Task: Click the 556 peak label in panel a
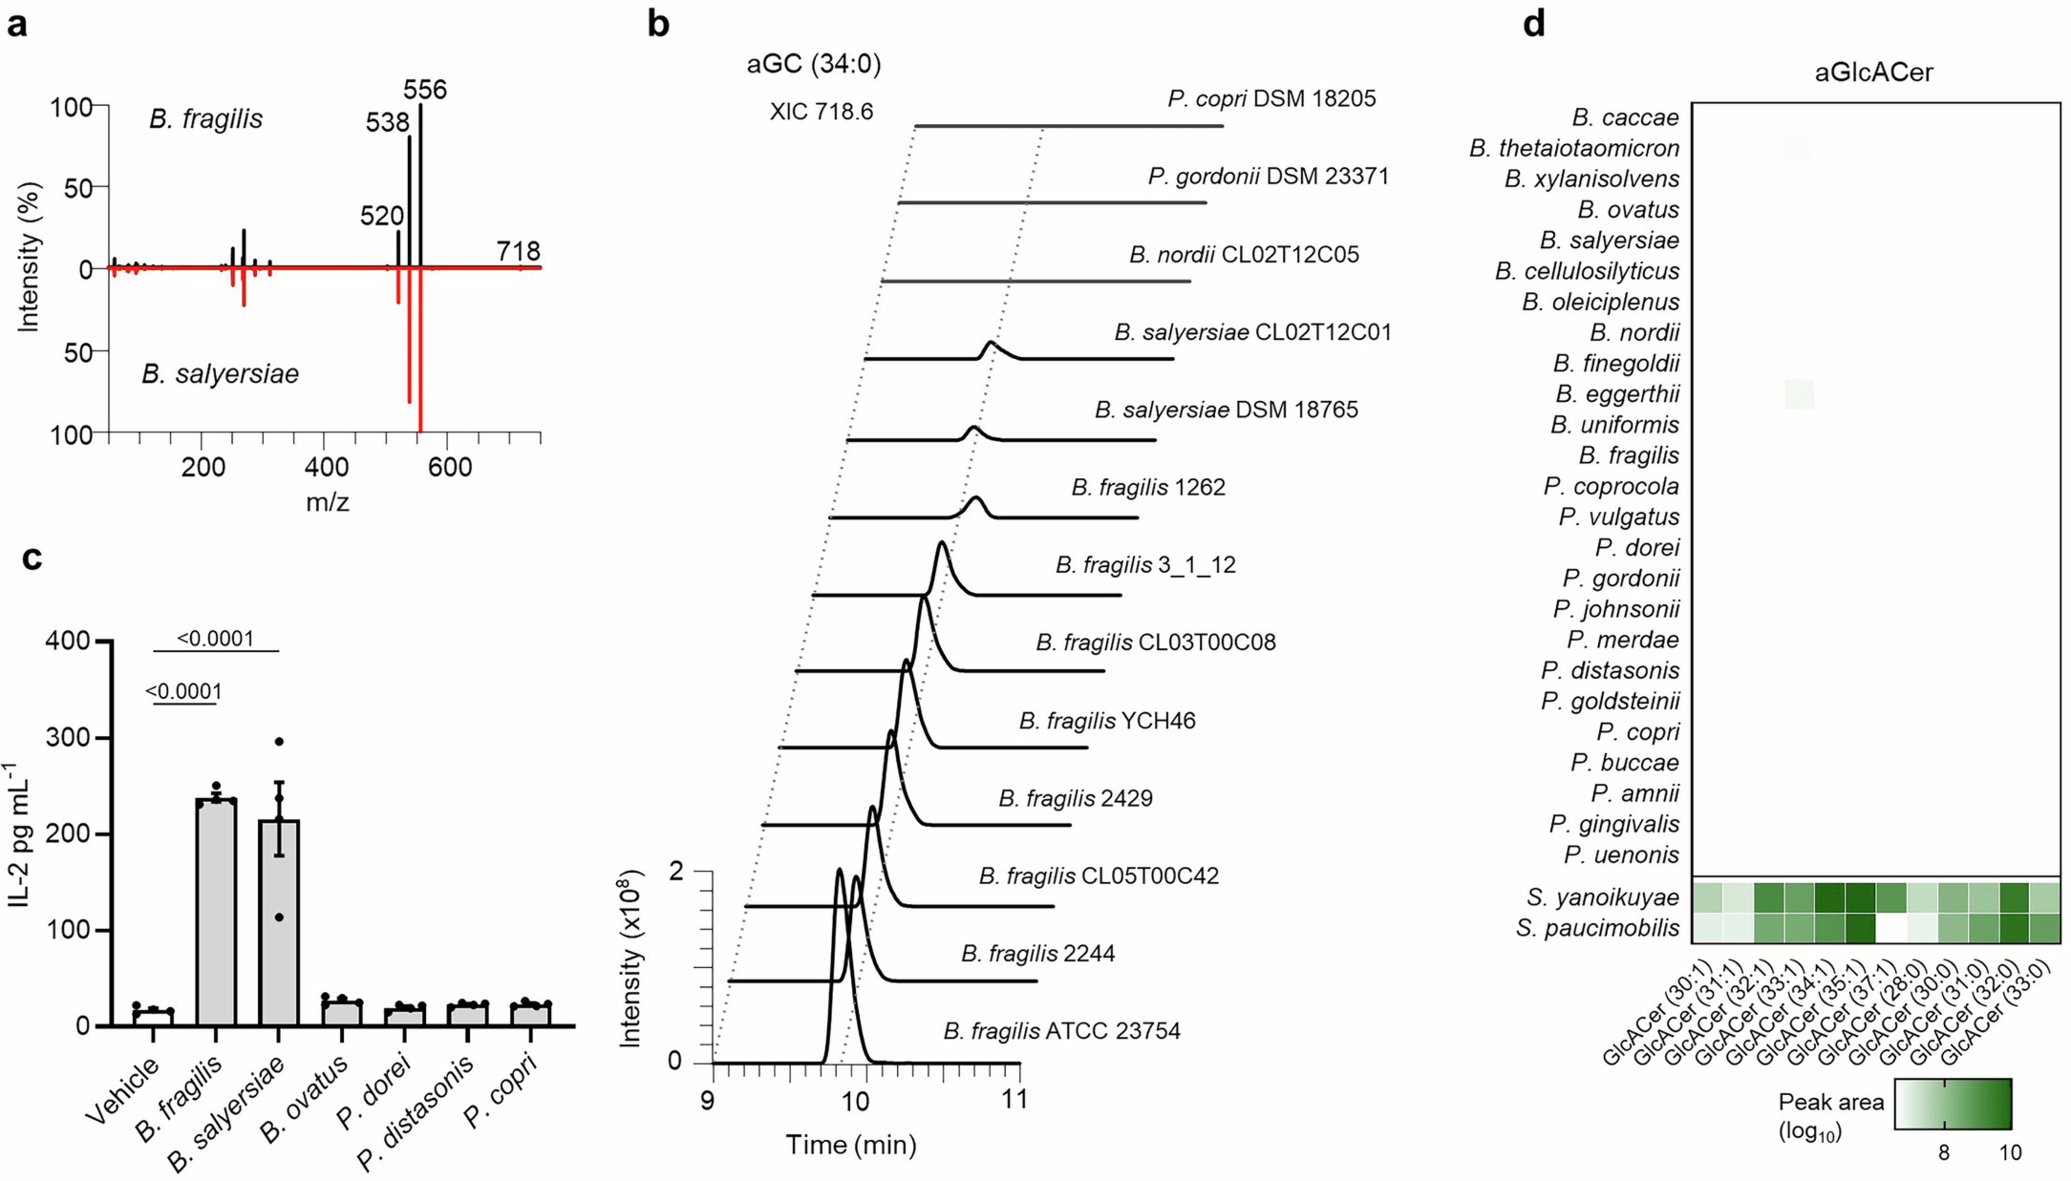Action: pos(425,89)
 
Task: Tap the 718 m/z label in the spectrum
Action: pos(519,251)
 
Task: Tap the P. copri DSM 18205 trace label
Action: pos(1271,99)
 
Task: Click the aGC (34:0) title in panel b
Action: pos(813,63)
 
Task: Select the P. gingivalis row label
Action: pos(1613,824)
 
